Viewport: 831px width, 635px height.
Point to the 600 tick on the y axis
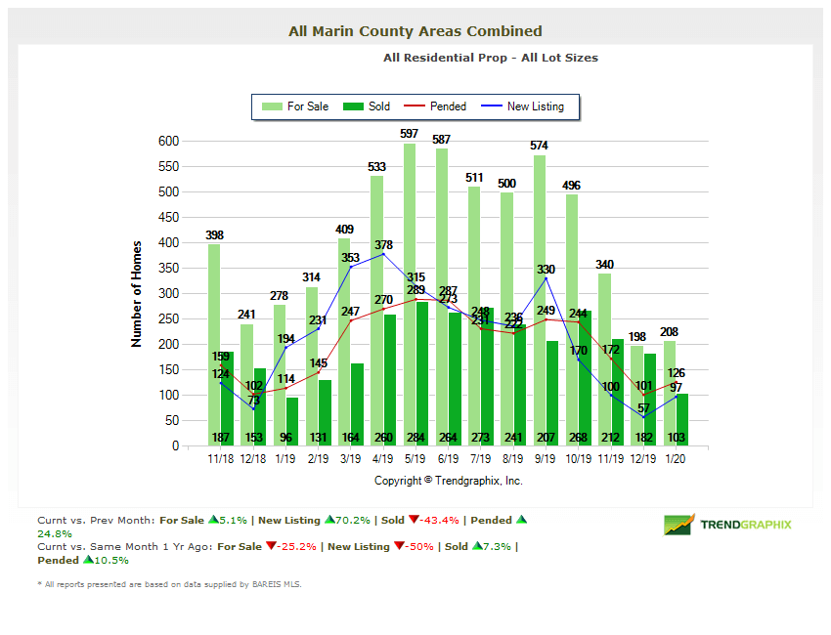pos(169,141)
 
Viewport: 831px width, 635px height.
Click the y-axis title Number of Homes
pos(137,294)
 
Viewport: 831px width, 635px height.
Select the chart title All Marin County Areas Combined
pos(415,31)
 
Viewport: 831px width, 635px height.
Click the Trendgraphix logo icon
pos(678,525)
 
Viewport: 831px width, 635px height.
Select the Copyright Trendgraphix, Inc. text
pos(449,481)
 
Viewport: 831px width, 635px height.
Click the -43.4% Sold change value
pos(437,520)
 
